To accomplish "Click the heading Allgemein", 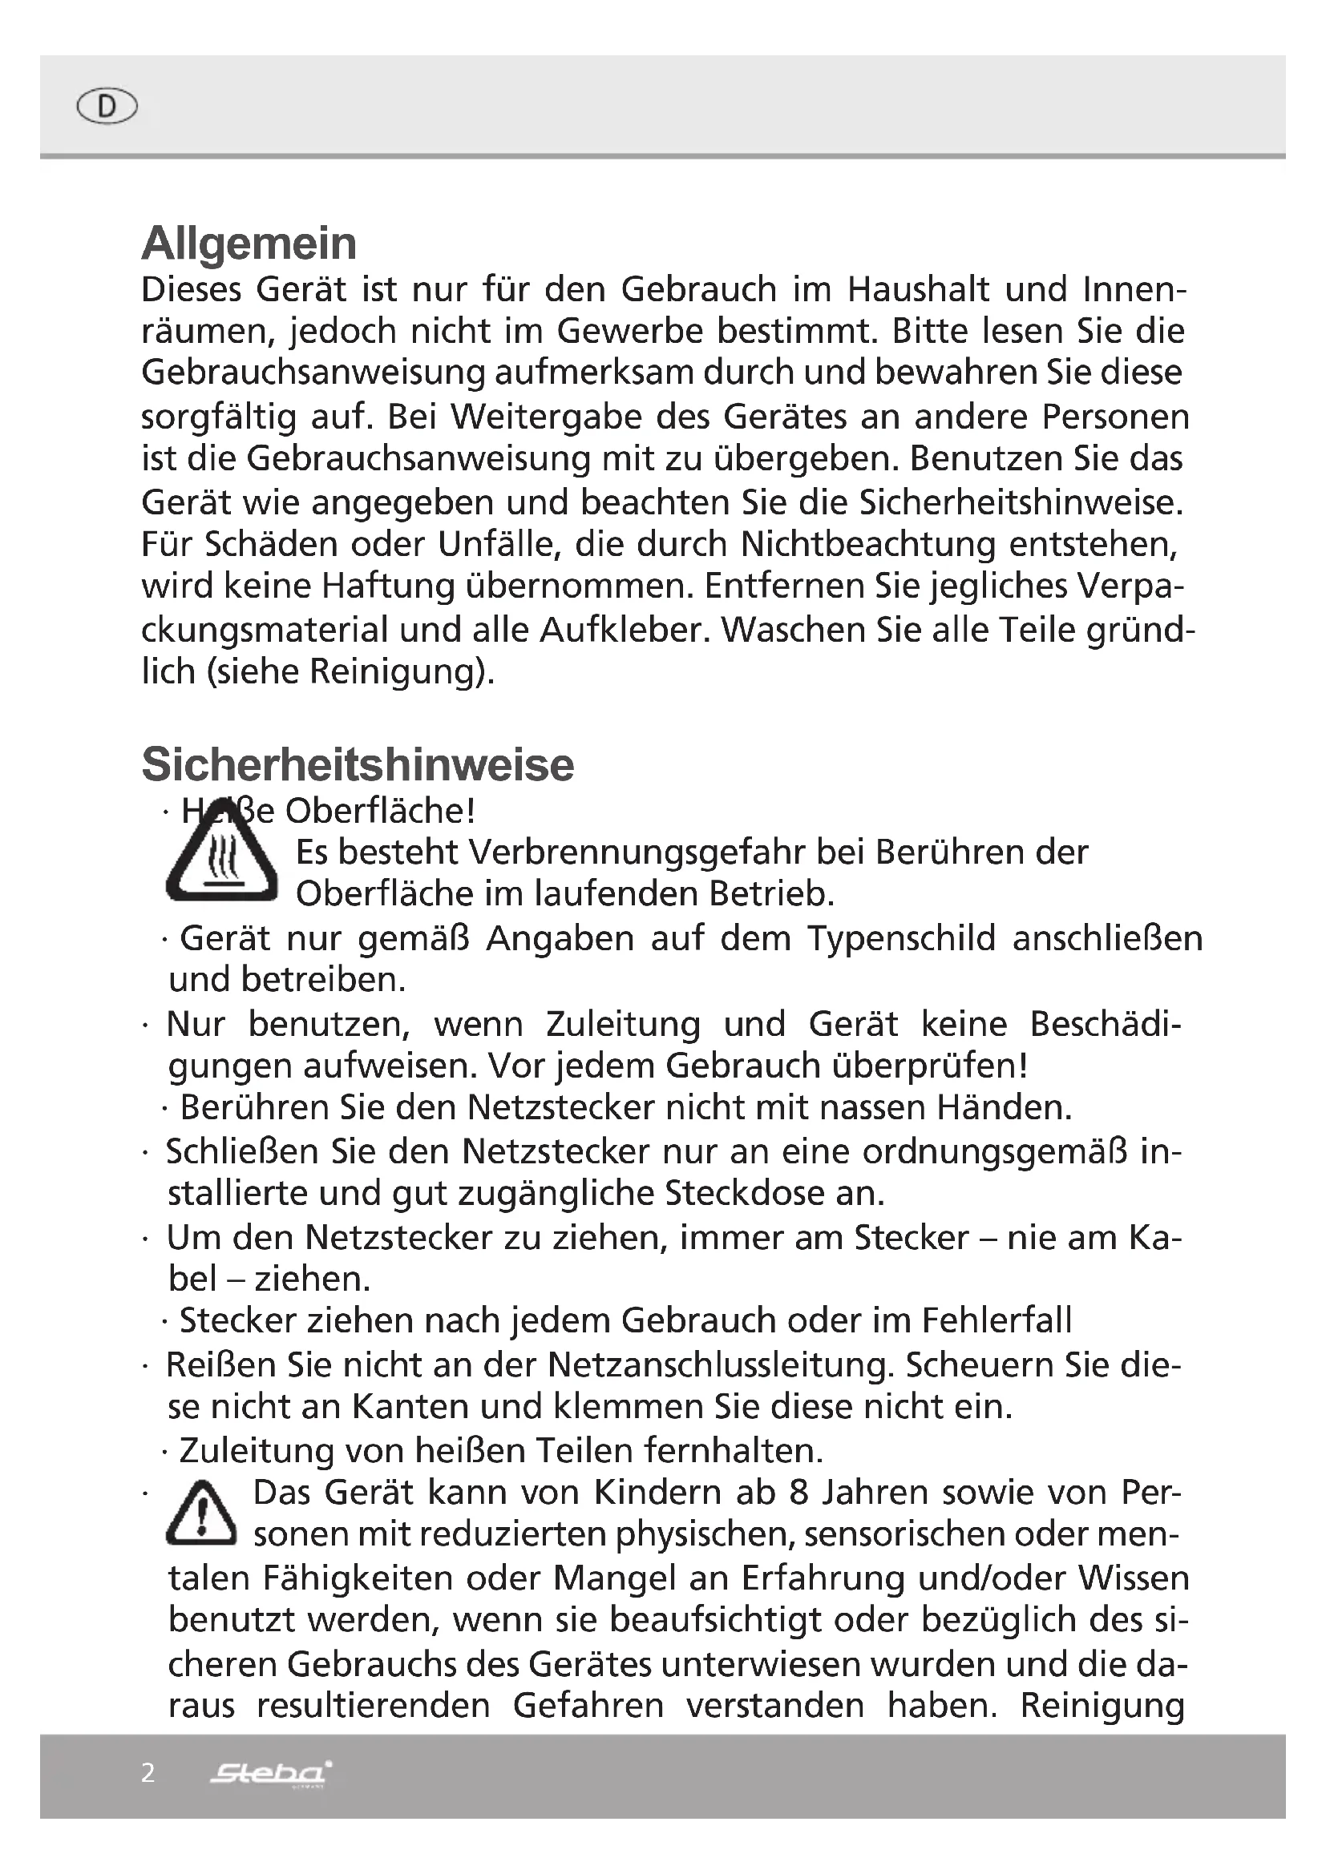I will [x=249, y=244].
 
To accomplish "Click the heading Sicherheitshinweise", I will [x=358, y=765].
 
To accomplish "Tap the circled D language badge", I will [x=107, y=106].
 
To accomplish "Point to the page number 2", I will [x=148, y=1772].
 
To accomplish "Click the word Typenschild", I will [x=901, y=939].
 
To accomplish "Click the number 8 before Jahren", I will [x=798, y=1493].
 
